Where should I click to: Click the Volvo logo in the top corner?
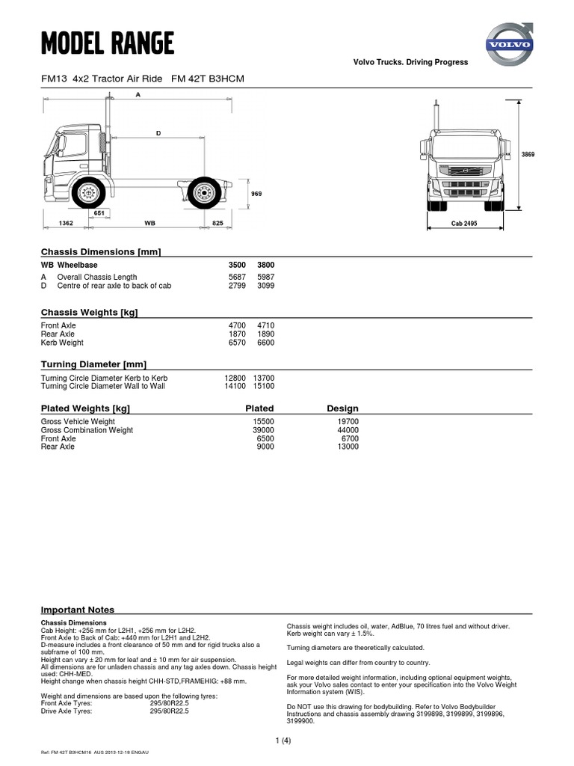click(x=510, y=43)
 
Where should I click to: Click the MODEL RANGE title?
click(x=108, y=44)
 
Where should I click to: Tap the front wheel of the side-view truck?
click(x=89, y=193)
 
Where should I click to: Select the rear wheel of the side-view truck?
click(x=203, y=194)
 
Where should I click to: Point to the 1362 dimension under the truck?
click(x=66, y=223)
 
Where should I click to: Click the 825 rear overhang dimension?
click(x=217, y=223)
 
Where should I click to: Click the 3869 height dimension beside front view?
click(x=528, y=154)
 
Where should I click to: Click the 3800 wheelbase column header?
click(x=265, y=265)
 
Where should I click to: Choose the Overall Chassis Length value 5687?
click(x=236, y=278)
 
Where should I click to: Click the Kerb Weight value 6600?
click(x=265, y=343)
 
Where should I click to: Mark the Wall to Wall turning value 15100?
click(x=265, y=386)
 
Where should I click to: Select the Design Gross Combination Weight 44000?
click(x=348, y=430)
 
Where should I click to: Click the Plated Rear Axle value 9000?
click(x=265, y=447)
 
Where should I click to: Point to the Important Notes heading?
click(x=78, y=610)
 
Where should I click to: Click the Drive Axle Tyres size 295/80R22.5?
click(x=170, y=711)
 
